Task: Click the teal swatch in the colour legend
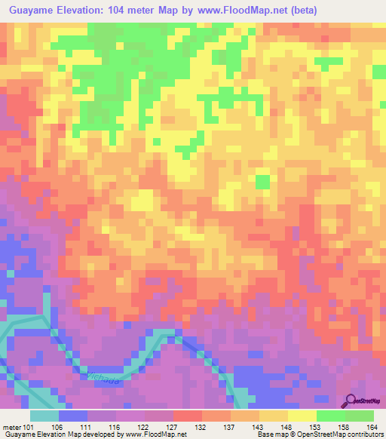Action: pos(44,416)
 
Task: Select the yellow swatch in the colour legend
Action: pos(302,416)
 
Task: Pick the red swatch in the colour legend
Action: pos(188,416)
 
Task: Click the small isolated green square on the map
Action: pos(262,182)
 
